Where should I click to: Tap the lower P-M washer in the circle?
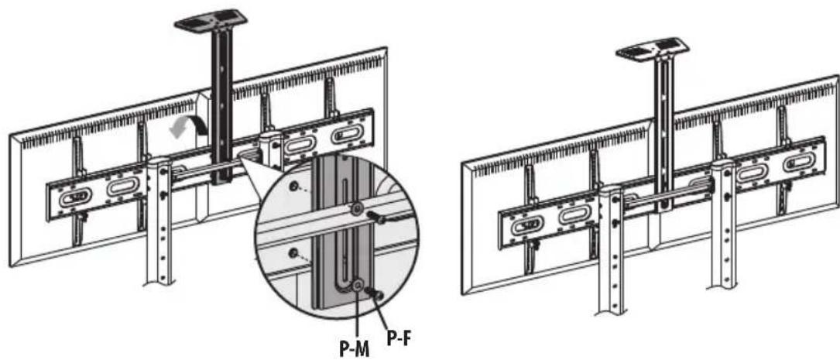(x=358, y=284)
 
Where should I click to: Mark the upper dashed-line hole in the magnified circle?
(x=294, y=185)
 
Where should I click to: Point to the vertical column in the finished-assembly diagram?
(x=664, y=134)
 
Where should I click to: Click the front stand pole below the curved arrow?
(x=159, y=220)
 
